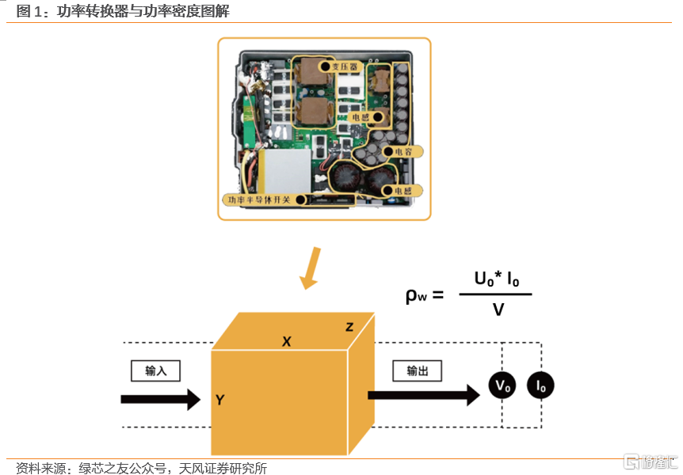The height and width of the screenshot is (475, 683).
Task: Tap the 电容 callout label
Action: (399, 150)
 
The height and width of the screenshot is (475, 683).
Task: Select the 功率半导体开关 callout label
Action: (265, 200)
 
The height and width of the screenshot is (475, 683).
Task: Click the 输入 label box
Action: (156, 370)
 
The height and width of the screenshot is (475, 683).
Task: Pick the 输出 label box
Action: (417, 370)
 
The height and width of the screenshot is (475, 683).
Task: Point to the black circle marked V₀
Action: (502, 386)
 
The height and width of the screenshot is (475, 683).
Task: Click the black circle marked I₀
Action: (541, 386)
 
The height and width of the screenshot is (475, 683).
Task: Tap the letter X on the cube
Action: (287, 341)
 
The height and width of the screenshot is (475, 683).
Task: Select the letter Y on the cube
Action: (219, 400)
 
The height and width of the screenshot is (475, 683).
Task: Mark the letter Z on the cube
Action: (349, 326)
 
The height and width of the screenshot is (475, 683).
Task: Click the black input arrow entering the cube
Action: (160, 399)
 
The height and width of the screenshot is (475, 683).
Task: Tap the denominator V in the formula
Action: (498, 310)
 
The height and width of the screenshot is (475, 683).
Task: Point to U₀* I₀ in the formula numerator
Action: (497, 279)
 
